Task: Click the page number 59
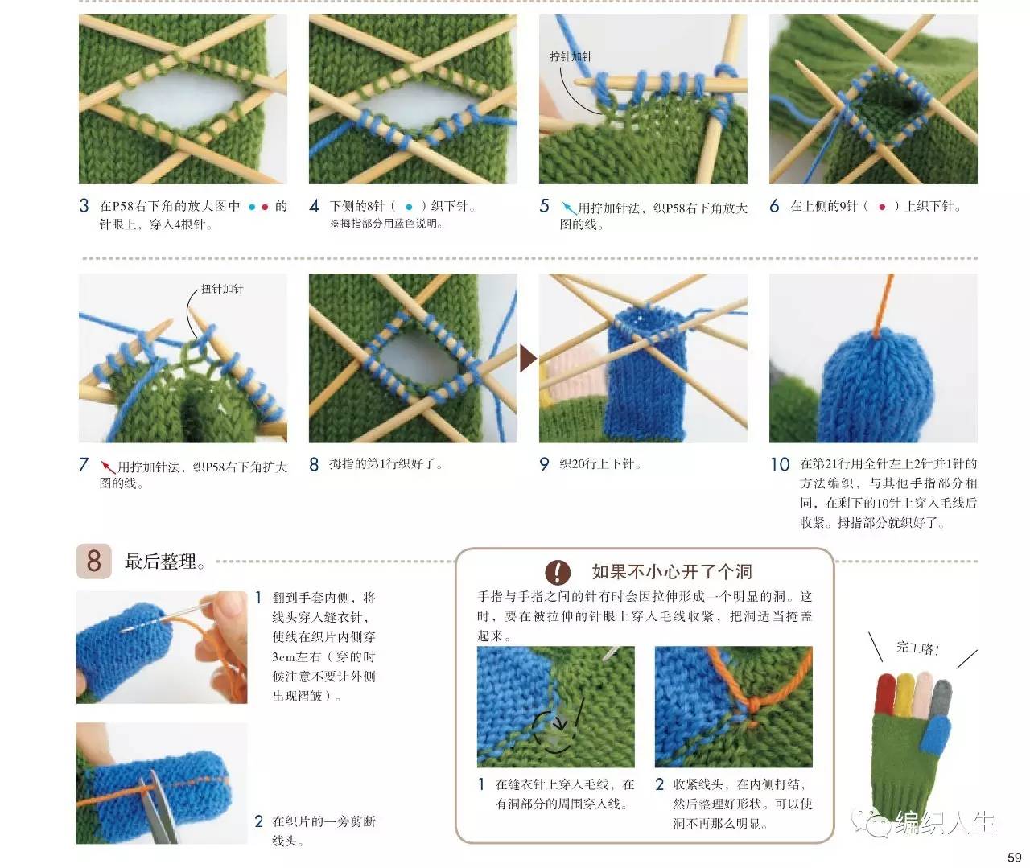(x=1014, y=857)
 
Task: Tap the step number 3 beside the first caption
(x=84, y=205)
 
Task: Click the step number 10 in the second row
(x=780, y=464)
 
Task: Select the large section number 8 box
(x=93, y=561)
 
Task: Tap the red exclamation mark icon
(x=558, y=572)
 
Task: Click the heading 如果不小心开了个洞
(x=672, y=571)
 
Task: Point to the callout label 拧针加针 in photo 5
(x=571, y=56)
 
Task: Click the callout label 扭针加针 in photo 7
(x=222, y=289)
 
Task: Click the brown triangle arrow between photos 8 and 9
(x=527, y=358)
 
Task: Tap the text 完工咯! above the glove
(x=917, y=648)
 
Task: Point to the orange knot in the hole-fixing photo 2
(x=755, y=706)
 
